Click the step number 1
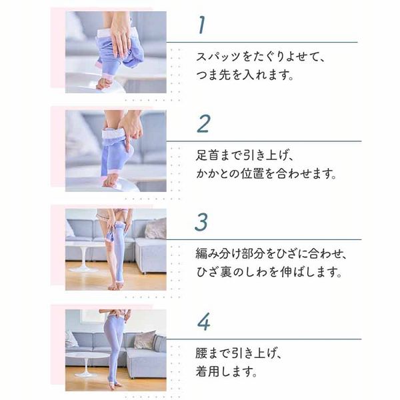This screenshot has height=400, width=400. [201, 25]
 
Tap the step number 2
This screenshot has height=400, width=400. [203, 124]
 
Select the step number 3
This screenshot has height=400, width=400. [201, 221]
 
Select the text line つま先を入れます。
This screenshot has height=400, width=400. [245, 75]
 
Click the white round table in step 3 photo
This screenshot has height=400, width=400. [83, 250]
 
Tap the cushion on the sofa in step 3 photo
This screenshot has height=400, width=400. [155, 229]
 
